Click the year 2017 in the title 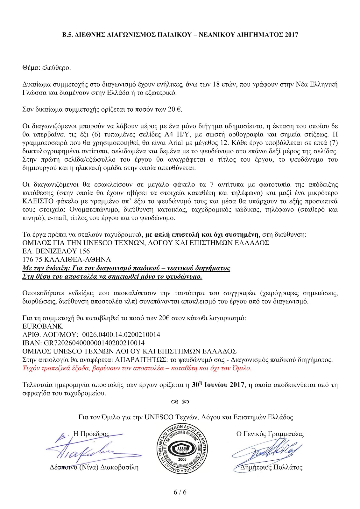coord(291,35)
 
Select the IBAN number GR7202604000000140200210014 coord(94,343)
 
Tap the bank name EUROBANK coord(43,326)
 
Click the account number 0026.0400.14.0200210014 coord(121,335)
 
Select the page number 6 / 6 coord(180,492)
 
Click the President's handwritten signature coord(89,449)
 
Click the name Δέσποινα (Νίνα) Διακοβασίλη coord(94,467)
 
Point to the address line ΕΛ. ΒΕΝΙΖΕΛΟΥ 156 coord(56,251)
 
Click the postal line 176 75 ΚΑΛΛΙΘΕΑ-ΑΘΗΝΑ coord(67,260)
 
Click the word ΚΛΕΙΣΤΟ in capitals coord(40,201)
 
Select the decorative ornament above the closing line coord(180,402)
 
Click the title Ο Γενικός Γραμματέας coord(270,434)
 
